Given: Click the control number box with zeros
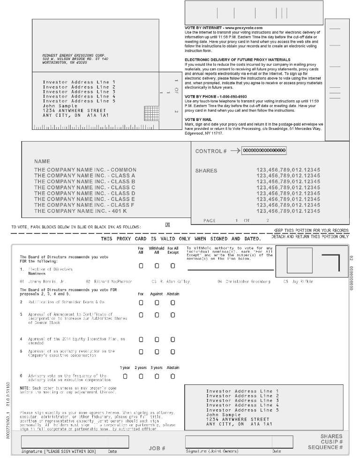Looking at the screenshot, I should (265, 150).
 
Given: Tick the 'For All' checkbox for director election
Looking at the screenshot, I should (141, 266).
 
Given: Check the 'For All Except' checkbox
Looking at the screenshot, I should (172, 266).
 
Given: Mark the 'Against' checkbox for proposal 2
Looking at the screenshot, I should (157, 302).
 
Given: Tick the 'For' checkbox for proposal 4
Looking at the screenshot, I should (141, 339).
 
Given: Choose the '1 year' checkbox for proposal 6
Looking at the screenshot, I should (125, 376).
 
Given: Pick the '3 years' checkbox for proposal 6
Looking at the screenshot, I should (157, 376).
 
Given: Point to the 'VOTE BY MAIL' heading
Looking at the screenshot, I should (199, 120).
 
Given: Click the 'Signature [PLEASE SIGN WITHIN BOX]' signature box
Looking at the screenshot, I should (75, 442).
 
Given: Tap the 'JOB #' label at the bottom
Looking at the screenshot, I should (157, 449).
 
